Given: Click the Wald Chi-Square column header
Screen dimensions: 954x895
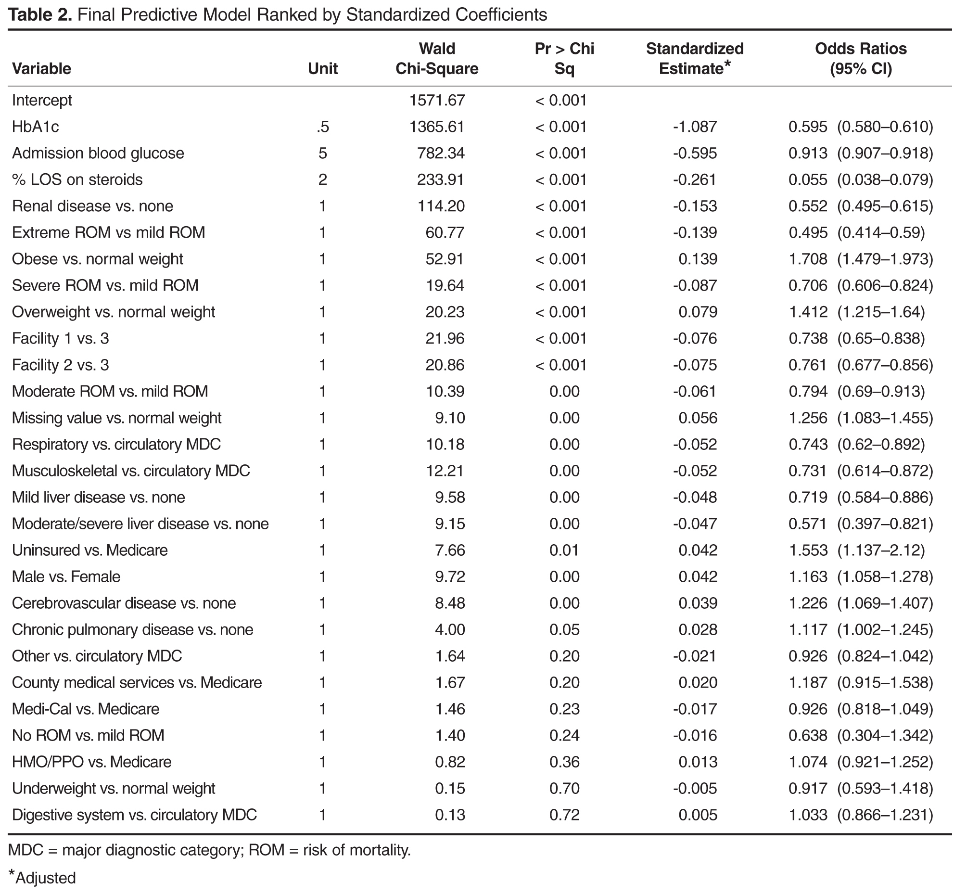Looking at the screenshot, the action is coord(437,59).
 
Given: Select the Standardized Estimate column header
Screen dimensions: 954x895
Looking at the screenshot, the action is coord(695,59).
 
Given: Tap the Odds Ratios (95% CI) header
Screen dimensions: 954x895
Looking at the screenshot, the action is coord(861,59).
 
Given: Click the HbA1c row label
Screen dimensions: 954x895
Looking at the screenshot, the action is coord(36,127).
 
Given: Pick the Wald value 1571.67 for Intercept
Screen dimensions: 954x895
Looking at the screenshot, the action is coord(437,100).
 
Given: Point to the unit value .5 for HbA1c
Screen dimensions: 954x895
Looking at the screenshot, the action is coord(323,127).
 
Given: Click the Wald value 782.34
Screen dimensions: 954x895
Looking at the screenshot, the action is coord(441,153).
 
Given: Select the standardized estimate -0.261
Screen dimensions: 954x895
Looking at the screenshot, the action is coord(695,179).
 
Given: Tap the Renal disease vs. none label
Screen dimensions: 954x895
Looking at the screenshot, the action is coord(92,206).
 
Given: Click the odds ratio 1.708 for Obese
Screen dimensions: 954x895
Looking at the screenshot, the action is coord(808,259).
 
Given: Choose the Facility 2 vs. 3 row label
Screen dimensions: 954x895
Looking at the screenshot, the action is coord(61,365).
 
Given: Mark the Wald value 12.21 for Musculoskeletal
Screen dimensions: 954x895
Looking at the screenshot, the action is coord(445,471).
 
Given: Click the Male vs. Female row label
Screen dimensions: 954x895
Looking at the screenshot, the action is coord(66,576).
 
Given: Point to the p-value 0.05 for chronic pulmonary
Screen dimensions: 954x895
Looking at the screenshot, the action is coord(564,629).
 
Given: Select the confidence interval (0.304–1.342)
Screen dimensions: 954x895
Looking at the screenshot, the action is coord(885,735).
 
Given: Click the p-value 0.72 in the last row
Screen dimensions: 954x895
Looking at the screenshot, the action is coord(564,815).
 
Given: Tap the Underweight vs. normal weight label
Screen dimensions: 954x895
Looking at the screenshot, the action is coord(114,788).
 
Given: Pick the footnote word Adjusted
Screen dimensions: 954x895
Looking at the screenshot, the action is coord(46,878).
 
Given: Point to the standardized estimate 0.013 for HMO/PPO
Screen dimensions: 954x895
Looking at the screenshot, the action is coord(698,762).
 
